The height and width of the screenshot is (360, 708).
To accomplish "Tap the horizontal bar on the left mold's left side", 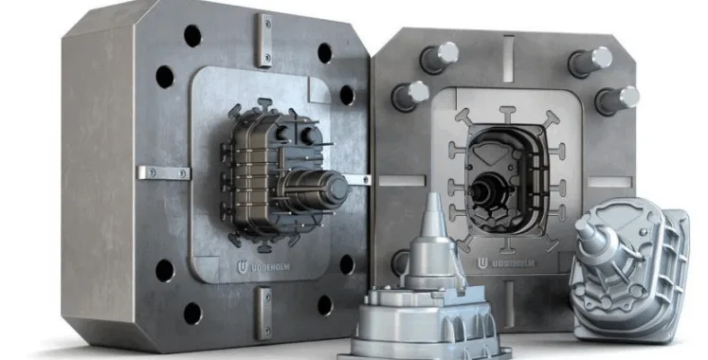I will coord(163,172).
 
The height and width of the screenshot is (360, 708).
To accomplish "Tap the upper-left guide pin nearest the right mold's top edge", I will coord(438,56).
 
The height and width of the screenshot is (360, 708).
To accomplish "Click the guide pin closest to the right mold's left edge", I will coord(409,94).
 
